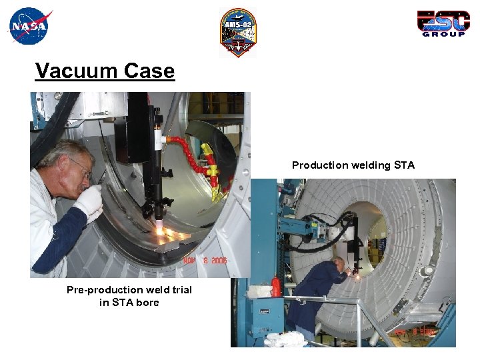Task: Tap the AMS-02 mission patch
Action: (238, 32)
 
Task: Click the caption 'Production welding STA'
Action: (353, 165)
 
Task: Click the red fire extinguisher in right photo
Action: (275, 287)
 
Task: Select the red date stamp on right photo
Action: (417, 331)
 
